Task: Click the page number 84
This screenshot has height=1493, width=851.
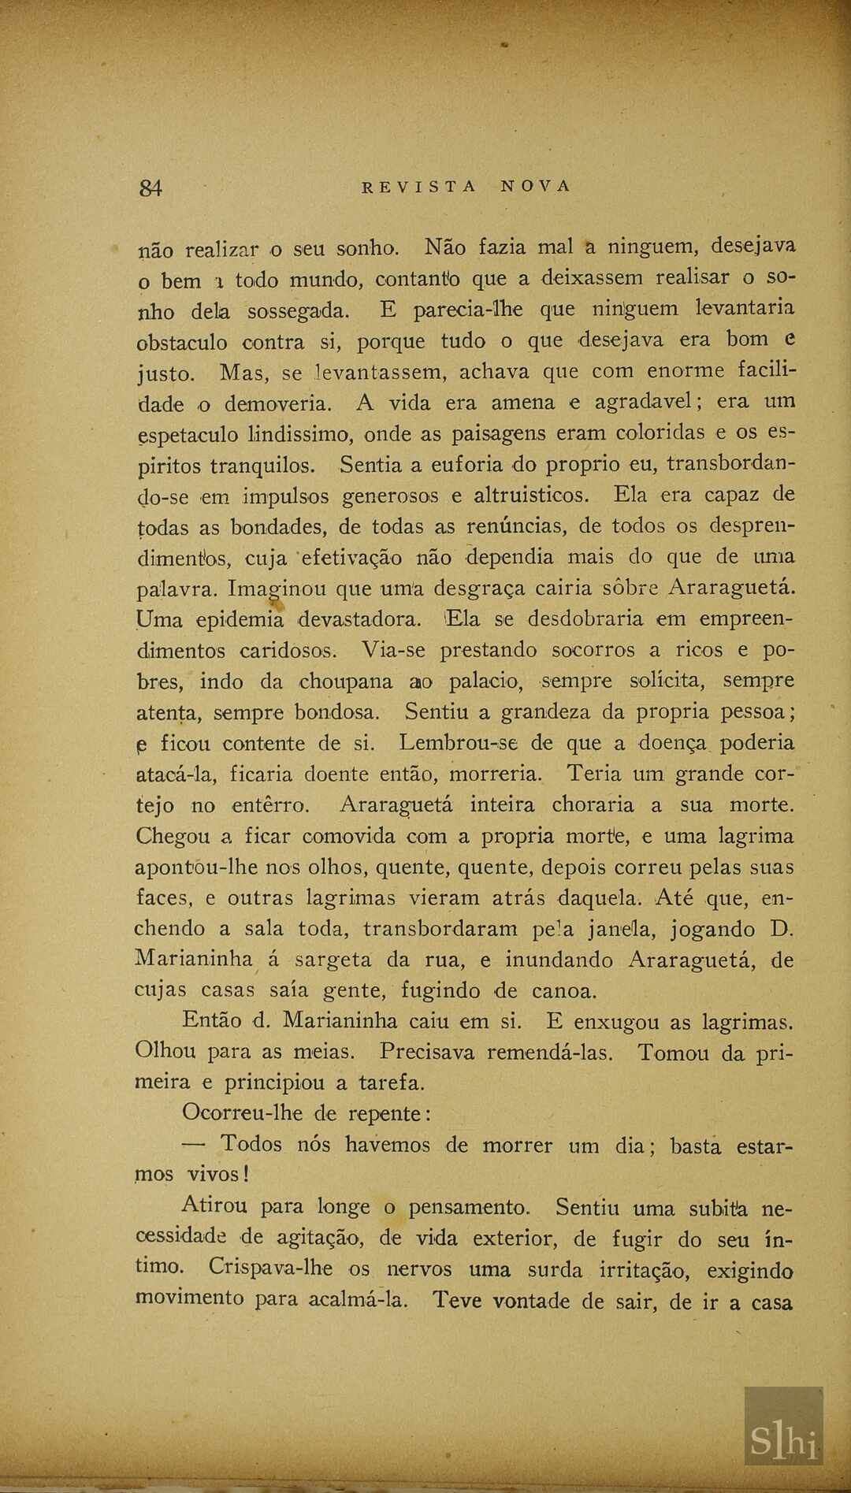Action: click(151, 188)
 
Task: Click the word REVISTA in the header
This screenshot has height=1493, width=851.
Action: click(419, 187)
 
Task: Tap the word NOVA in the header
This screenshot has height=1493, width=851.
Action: click(535, 187)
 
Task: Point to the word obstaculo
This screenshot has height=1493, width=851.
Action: click(182, 343)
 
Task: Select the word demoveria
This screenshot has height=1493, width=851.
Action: click(278, 404)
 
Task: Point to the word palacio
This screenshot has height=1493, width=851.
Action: click(485, 682)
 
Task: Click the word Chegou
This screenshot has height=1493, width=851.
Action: click(173, 836)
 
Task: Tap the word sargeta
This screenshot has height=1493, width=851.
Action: click(333, 960)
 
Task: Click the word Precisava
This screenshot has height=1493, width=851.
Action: click(427, 1053)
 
